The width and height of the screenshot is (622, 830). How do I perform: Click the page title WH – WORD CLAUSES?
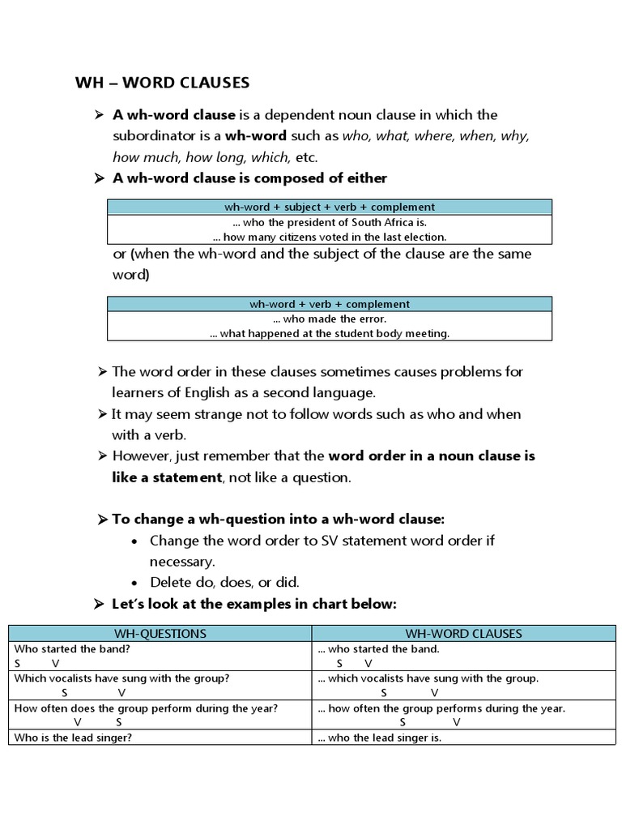point(162,83)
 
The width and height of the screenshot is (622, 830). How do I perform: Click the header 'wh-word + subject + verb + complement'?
point(330,207)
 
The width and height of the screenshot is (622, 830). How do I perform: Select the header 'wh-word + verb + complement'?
point(330,304)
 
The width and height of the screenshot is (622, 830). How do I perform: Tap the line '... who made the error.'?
point(330,319)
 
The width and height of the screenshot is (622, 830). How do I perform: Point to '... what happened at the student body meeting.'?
point(330,333)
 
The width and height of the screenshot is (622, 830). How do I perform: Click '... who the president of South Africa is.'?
point(330,221)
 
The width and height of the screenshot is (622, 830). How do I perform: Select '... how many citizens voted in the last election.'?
point(330,237)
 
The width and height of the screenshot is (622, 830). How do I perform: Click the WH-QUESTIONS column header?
point(160,633)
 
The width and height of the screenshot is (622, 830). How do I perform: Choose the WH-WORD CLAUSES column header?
point(463,633)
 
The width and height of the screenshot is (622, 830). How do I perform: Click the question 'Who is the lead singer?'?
point(74,738)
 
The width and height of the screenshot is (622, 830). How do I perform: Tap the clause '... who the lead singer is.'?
point(380,738)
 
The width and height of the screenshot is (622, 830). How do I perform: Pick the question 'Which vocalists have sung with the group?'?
point(122,678)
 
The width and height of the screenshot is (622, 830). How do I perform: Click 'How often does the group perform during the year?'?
point(146,708)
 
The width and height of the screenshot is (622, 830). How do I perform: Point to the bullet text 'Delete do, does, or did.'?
point(225,582)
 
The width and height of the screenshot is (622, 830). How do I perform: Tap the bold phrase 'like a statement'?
point(167,477)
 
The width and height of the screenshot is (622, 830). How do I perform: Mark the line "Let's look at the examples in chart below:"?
point(253,604)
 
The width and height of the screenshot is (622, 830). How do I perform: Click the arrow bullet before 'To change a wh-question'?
point(101,519)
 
